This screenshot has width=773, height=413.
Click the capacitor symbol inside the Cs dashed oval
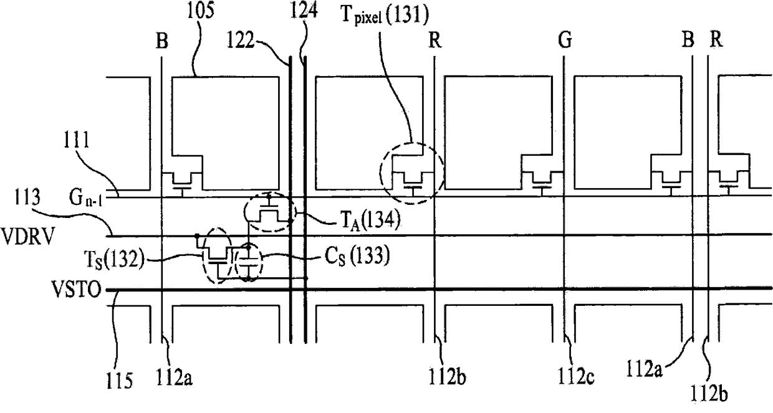click(x=249, y=260)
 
